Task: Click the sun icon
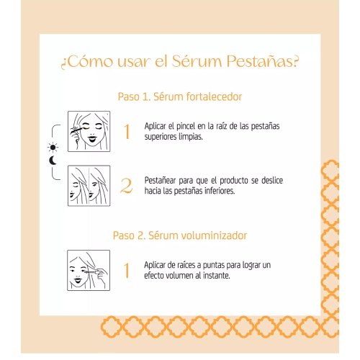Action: [53, 147]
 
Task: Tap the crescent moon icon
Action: [53, 161]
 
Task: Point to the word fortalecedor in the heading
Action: [214, 96]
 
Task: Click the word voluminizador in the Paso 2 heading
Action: [214, 235]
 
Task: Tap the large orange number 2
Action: [126, 186]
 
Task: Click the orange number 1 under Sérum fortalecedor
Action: [127, 132]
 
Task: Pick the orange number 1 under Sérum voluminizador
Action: [127, 270]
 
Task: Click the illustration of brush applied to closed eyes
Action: [89, 131]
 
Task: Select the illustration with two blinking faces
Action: [89, 186]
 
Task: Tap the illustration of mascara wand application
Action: [89, 270]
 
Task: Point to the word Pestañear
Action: [161, 181]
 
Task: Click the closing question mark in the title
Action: [296, 62]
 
